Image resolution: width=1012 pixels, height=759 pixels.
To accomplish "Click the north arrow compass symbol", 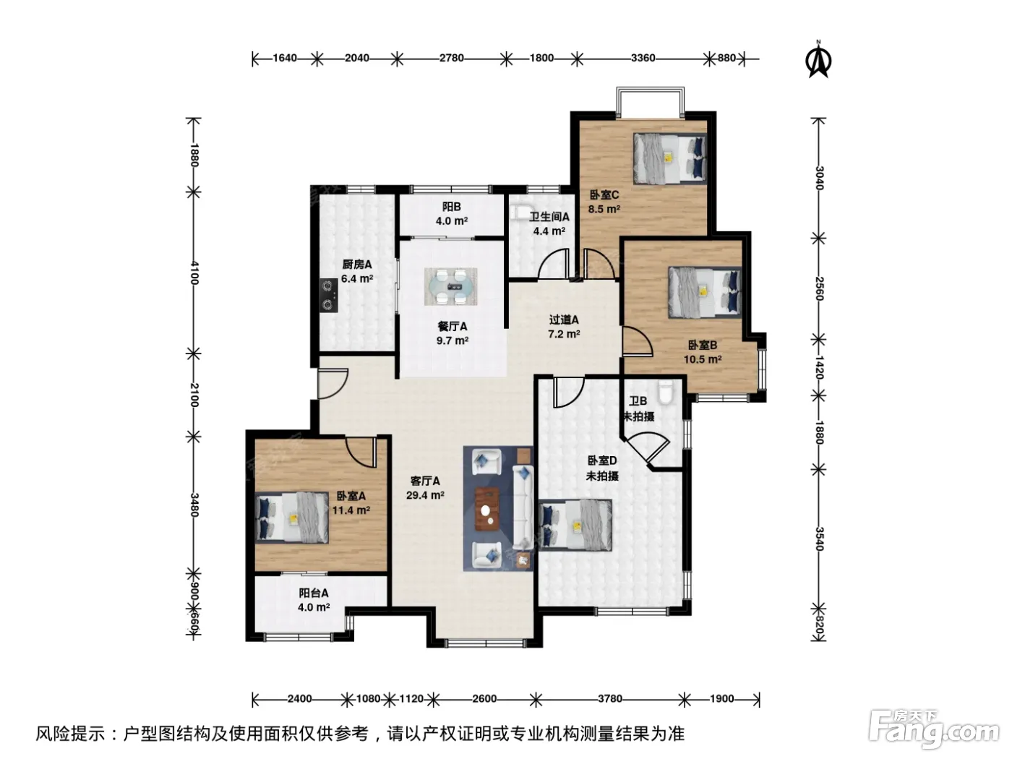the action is pos(819,59).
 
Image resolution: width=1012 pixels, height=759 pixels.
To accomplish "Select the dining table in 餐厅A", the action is pos(450,287).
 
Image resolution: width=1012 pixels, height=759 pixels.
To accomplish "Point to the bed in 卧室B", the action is pos(705,292).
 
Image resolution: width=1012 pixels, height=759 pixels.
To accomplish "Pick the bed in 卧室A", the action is pos(292,518).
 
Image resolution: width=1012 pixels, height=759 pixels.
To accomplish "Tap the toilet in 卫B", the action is pos(666,393).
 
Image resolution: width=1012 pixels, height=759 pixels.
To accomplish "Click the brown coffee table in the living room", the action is pos(487,509).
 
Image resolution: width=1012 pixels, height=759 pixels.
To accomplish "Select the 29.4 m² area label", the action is pos(425,495).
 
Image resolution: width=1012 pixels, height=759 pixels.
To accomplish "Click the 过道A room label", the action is pos(564,320).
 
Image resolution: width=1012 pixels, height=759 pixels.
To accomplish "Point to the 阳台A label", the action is pos(314,593).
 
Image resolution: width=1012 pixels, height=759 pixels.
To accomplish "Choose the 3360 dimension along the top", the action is pos(643,58).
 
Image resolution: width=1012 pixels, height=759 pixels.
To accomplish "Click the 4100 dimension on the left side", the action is pos(194,273).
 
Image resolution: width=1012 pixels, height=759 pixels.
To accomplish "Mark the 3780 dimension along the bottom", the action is pos(610,698).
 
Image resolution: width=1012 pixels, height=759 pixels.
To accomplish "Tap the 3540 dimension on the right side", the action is pos(819,539).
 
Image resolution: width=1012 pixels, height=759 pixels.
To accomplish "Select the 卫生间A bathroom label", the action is pos(549,217).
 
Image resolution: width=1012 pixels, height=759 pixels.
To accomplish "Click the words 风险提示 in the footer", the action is pos(71,733).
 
